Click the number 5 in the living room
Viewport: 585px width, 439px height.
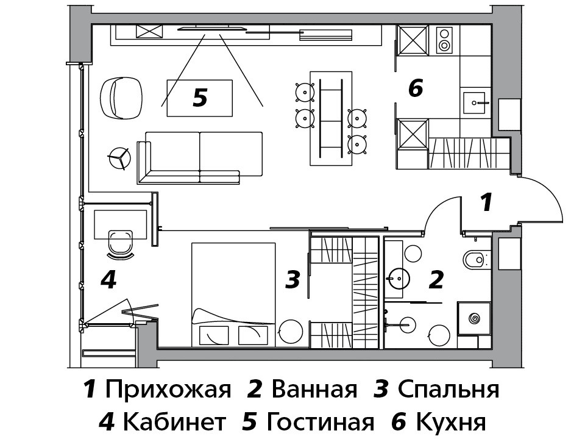coord(200,98)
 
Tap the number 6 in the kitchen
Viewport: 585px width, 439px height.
coord(416,89)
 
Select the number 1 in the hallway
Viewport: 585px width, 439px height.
coord(486,202)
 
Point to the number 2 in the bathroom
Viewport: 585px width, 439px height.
coord(436,280)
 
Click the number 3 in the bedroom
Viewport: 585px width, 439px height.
coord(293,280)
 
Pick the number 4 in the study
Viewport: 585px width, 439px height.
coord(108,280)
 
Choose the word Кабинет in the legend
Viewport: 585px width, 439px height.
coord(174,421)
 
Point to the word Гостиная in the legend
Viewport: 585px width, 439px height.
coord(320,421)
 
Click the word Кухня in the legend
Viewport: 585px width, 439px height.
coord(450,421)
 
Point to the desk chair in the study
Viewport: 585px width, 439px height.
coord(120,242)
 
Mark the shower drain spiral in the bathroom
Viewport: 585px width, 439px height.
coord(474,318)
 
